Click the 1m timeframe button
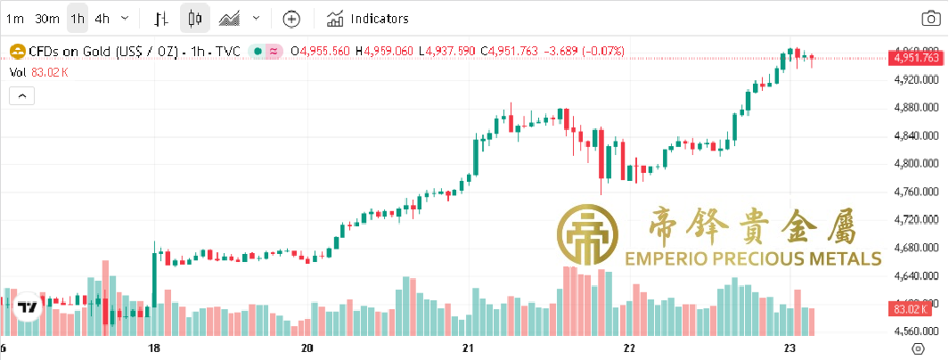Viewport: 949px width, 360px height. [15, 18]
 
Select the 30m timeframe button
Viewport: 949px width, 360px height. [47, 18]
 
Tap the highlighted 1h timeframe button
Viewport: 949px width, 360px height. [78, 18]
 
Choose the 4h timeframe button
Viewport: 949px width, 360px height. [102, 18]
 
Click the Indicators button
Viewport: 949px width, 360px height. [368, 18]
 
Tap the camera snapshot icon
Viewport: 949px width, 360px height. [930, 18]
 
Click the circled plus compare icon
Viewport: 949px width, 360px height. [291, 18]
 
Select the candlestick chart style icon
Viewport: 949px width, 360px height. [196, 18]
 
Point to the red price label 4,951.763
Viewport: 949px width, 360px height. [916, 58]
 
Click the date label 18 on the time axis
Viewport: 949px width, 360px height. [154, 348]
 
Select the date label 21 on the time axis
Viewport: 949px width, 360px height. [469, 348]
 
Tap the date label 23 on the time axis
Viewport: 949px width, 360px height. [789, 348]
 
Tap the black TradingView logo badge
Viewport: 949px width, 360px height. [29, 307]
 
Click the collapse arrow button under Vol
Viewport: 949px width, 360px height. [22, 94]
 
